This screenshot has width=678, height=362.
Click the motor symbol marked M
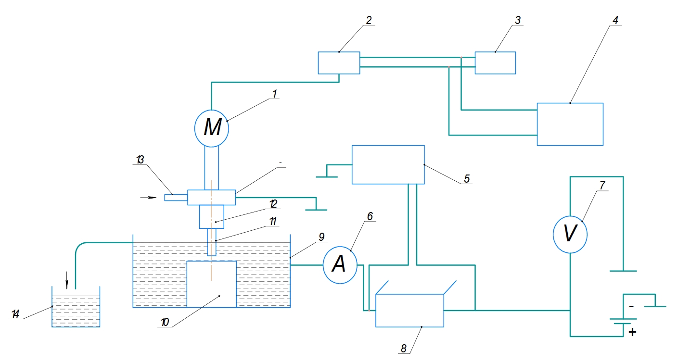pos(211,128)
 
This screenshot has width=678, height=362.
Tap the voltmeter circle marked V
pos(570,234)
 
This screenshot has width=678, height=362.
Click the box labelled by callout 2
pos(339,63)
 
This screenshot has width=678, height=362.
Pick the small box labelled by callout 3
pos(495,62)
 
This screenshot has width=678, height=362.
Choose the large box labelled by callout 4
pos(570,124)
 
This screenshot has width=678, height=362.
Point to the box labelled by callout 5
pos(388,164)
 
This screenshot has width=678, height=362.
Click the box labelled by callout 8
pos(409,311)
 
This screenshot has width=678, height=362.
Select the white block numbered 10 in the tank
pos(211,284)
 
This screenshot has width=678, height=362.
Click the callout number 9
pos(322,237)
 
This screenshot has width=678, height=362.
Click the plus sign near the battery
pos(632,332)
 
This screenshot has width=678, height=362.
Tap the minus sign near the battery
pos(632,306)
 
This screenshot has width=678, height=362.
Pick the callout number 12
pos(273,204)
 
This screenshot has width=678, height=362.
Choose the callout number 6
pos(370,217)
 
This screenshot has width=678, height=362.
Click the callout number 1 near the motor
pos(274,94)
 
